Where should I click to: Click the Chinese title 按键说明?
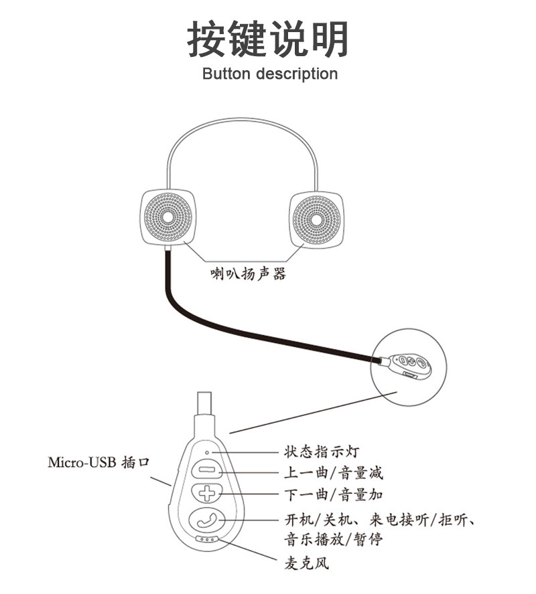coord(267,39)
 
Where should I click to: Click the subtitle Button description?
coord(269,74)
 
